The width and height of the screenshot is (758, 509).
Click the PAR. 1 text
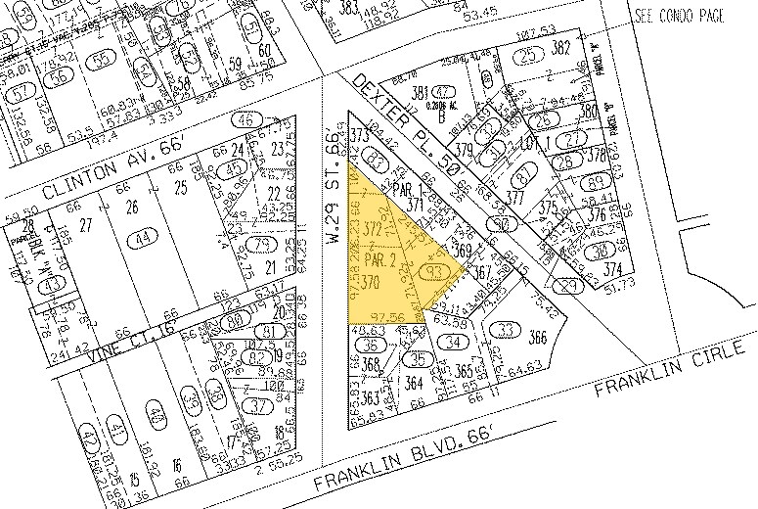(400, 189)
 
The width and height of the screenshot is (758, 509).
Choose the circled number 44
(146, 237)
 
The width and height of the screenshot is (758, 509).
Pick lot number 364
(415, 383)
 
